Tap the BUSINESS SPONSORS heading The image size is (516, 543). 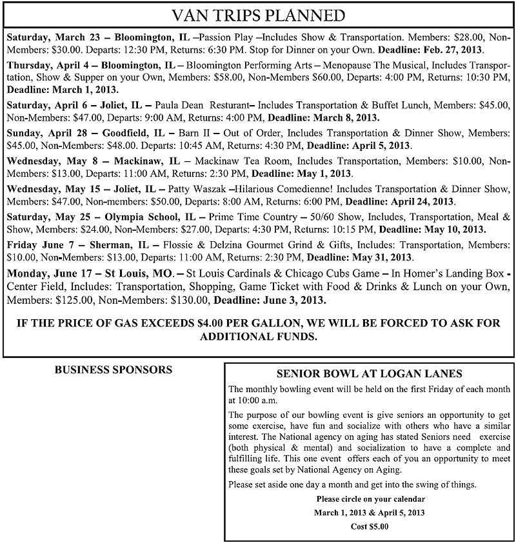pos(113,370)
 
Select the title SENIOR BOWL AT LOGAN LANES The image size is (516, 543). pos(368,374)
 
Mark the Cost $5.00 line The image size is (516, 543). pos(369,526)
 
